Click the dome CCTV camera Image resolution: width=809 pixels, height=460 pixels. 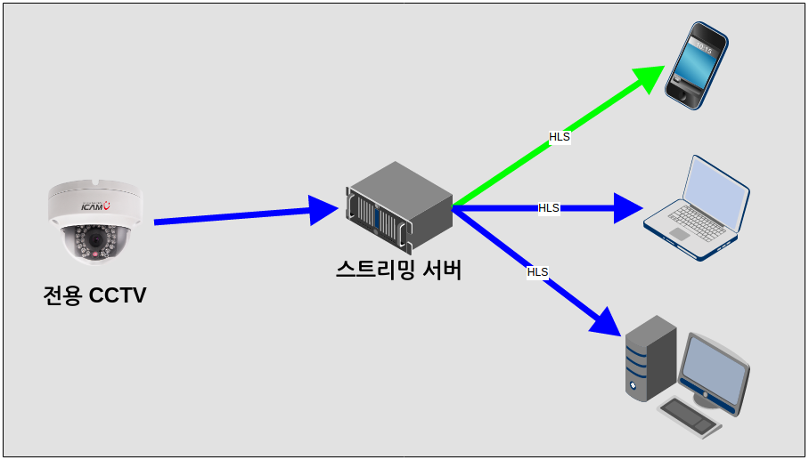coord(94,222)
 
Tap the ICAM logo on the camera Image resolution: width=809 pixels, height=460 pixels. coord(94,206)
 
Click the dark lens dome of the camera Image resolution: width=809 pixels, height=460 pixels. coord(94,244)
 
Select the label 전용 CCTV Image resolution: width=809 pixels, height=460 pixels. coord(94,295)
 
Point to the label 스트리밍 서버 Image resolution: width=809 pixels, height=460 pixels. coord(398,269)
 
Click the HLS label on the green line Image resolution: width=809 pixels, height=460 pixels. coord(560,137)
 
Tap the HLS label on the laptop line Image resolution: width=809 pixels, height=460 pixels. coord(549,208)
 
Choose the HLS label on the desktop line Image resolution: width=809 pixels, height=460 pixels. coord(537,271)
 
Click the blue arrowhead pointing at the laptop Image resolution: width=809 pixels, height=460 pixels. coord(627,208)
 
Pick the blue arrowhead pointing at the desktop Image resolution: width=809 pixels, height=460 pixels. coord(605,321)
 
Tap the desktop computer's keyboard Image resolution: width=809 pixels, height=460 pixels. coord(690,416)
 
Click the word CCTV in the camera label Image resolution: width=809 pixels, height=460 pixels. coord(118,295)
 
